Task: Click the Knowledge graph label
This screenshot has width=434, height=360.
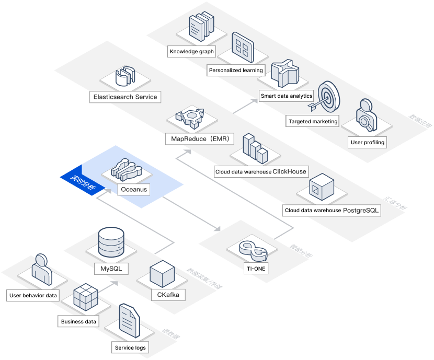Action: pos(192,52)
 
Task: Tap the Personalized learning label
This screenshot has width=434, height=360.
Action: pos(236,70)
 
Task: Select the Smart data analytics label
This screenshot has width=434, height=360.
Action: pos(286,96)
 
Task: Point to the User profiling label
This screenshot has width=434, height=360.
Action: pos(368,142)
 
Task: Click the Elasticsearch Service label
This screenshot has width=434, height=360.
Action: pos(125,97)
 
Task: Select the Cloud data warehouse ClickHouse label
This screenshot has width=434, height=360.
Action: pos(261,171)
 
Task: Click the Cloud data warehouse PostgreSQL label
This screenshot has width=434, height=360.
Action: pos(332,211)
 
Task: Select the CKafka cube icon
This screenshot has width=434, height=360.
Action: pos(162,274)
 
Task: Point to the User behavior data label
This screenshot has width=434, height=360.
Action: pos(33,296)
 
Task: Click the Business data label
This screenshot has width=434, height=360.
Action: pos(78,321)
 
